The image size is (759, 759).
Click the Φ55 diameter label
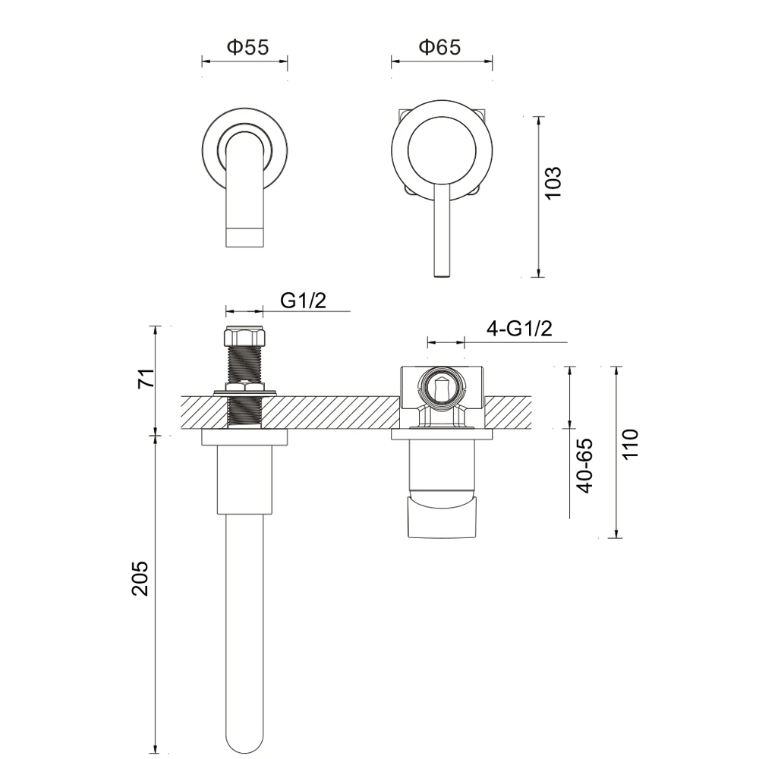247,47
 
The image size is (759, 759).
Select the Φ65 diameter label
439,47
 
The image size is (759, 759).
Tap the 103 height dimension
553,182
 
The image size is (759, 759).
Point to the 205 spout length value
140,578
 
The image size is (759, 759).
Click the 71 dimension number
146,378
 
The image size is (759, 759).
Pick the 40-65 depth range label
585,466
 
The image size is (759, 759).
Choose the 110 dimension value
630,444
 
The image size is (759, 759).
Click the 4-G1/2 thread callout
519,329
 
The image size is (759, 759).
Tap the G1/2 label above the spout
304,301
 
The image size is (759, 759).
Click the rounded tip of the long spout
245,745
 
